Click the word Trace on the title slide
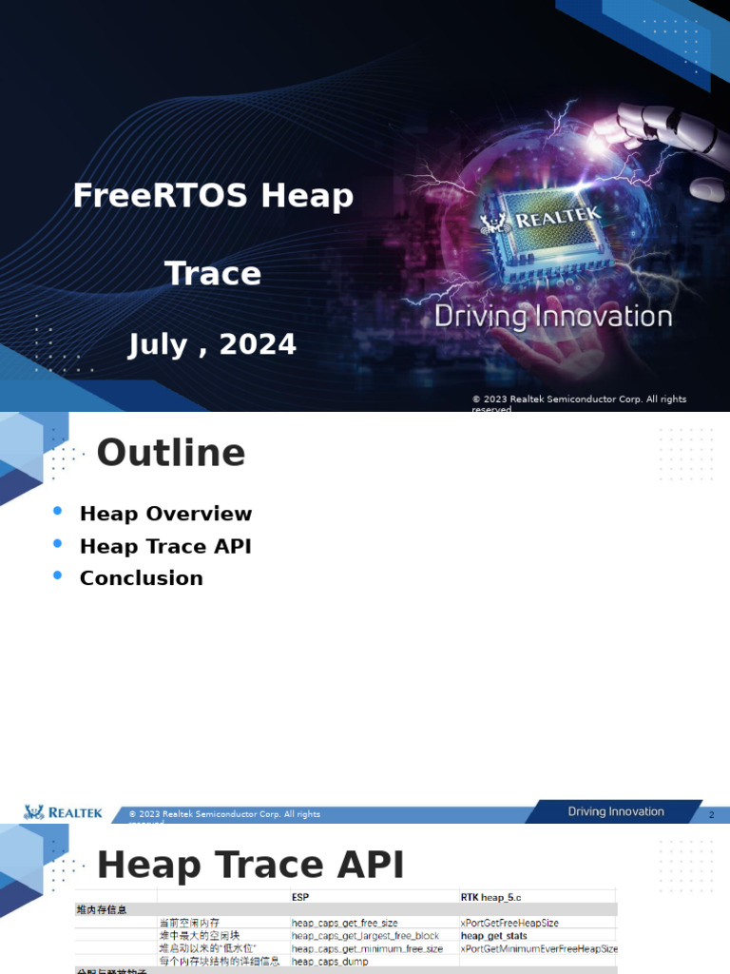pyautogui.click(x=213, y=274)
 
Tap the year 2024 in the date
pyautogui.click(x=258, y=344)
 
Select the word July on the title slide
pyautogui.click(x=158, y=344)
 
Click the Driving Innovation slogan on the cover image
pyautogui.click(x=553, y=317)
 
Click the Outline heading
pyautogui.click(x=171, y=453)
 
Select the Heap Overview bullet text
pyautogui.click(x=165, y=514)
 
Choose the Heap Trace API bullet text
pyautogui.click(x=165, y=546)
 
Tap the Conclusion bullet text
pyautogui.click(x=141, y=578)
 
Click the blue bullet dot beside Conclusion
pyautogui.click(x=58, y=575)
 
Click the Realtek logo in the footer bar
pyautogui.click(x=63, y=812)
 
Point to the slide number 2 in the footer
pyautogui.click(x=711, y=815)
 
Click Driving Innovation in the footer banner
pyautogui.click(x=616, y=811)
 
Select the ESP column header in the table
pyautogui.click(x=300, y=896)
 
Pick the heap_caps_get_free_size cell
pyautogui.click(x=344, y=923)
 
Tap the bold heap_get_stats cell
pyautogui.click(x=493, y=936)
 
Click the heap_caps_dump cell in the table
pyautogui.click(x=331, y=962)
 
